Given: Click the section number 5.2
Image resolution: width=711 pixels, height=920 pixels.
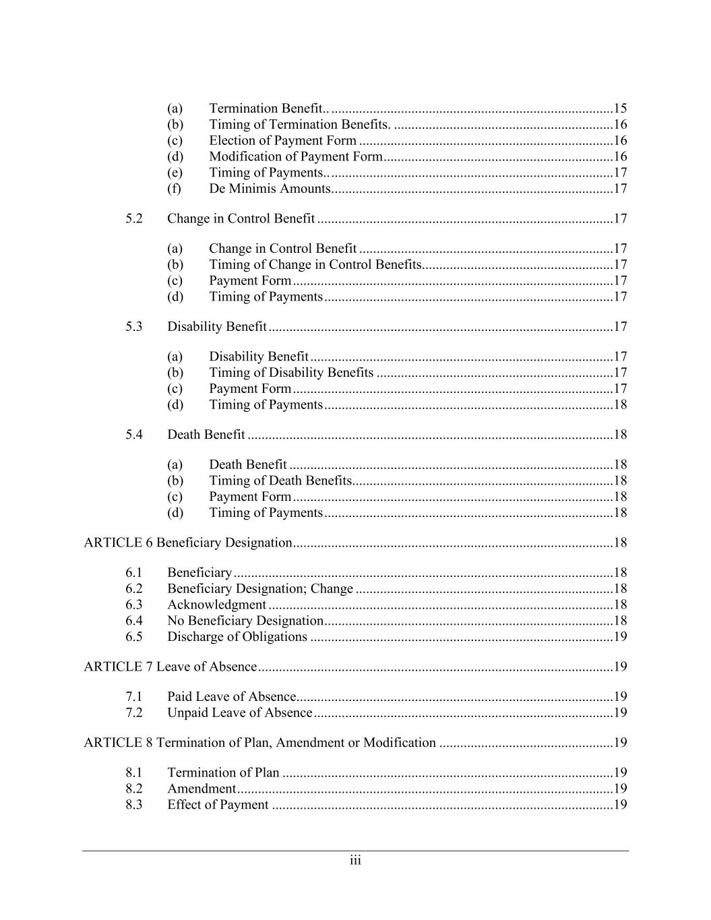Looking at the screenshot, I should pyautogui.click(x=133, y=218).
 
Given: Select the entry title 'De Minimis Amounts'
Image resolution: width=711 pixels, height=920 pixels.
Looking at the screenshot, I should pyautogui.click(x=269, y=189).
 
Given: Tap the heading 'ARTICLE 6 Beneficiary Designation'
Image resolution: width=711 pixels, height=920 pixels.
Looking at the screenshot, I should pyautogui.click(x=187, y=543).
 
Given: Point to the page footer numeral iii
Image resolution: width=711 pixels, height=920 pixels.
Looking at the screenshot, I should pyautogui.click(x=355, y=861).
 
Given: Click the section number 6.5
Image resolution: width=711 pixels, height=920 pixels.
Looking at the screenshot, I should pyautogui.click(x=133, y=637).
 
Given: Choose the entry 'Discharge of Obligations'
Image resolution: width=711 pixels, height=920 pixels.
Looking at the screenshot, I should pyautogui.click(x=237, y=637).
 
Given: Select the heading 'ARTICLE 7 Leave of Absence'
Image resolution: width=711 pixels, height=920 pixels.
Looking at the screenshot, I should pyautogui.click(x=170, y=667).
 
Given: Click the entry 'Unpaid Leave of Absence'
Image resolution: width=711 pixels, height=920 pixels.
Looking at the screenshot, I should pyautogui.click(x=239, y=712).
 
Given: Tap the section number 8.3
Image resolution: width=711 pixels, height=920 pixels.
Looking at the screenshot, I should pyautogui.click(x=133, y=805).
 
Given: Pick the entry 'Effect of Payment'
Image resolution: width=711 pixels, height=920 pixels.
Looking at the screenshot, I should pyautogui.click(x=218, y=805).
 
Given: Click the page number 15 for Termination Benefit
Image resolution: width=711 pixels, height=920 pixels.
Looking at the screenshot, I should pyautogui.click(x=620, y=109).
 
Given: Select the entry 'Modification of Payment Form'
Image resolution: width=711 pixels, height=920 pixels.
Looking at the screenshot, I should pyautogui.click(x=295, y=156).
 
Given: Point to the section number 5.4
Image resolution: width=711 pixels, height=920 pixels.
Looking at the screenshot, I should pyautogui.click(x=133, y=435).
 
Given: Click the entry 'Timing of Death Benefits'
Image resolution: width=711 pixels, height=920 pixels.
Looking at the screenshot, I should pyautogui.click(x=280, y=481).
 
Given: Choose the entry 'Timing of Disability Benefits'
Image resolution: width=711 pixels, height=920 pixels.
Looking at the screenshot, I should pyautogui.click(x=290, y=373).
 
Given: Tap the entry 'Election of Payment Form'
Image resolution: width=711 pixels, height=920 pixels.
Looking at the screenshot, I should pyautogui.click(x=282, y=140).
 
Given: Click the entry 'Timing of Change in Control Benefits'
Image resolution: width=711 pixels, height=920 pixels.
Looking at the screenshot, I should pyautogui.click(x=315, y=265).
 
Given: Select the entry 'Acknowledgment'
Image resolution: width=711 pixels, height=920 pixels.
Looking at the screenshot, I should pyautogui.click(x=216, y=605).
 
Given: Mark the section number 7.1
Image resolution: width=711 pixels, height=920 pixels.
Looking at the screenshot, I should pyautogui.click(x=133, y=696).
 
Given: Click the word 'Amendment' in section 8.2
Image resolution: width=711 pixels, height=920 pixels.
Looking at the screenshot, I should pyautogui.click(x=201, y=789).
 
